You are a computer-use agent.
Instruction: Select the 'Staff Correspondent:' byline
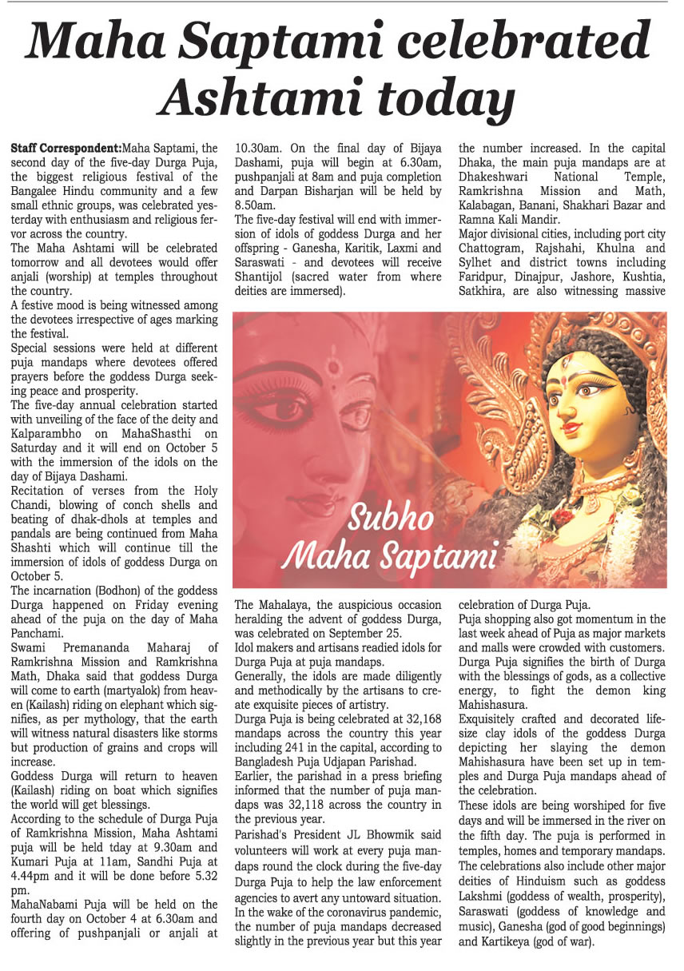(66, 149)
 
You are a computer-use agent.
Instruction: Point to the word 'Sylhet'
(479, 264)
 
